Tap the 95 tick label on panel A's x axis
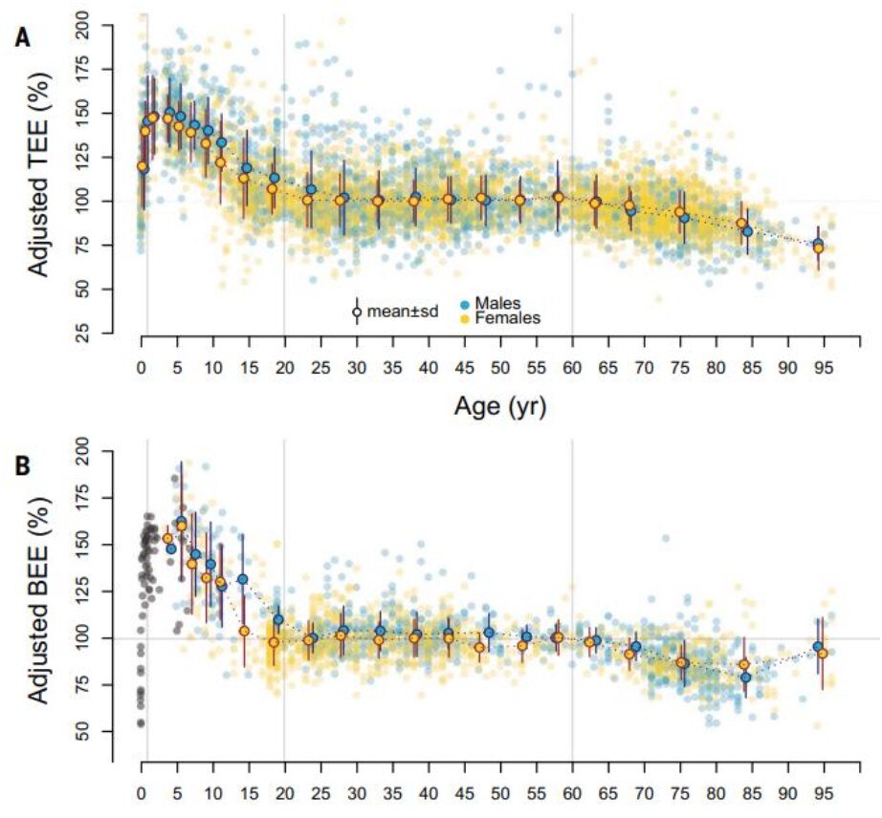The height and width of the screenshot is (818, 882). (x=819, y=368)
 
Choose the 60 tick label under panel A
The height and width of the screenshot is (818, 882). (x=572, y=368)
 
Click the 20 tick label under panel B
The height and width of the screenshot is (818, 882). (x=284, y=793)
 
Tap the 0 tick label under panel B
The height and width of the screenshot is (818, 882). (x=142, y=793)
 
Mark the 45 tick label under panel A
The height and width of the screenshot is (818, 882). (x=464, y=368)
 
